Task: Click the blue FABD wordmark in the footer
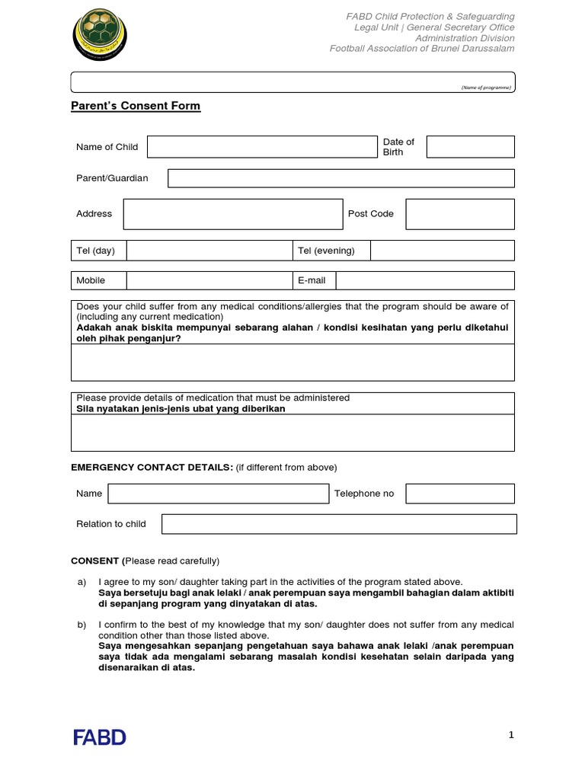100,737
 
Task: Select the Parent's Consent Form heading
136,106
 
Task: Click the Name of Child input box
262,147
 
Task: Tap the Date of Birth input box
470,147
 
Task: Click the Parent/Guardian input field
340,178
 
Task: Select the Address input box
233,214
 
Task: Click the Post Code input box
459,214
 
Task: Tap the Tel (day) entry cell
209,251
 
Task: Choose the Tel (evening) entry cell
442,251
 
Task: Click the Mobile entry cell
209,280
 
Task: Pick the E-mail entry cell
425,280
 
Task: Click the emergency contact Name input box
218,494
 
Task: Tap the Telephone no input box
459,494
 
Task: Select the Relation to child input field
339,524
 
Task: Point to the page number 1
512,735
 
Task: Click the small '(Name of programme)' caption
486,88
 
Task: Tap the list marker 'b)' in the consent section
82,625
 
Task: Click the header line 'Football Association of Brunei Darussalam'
421,49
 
